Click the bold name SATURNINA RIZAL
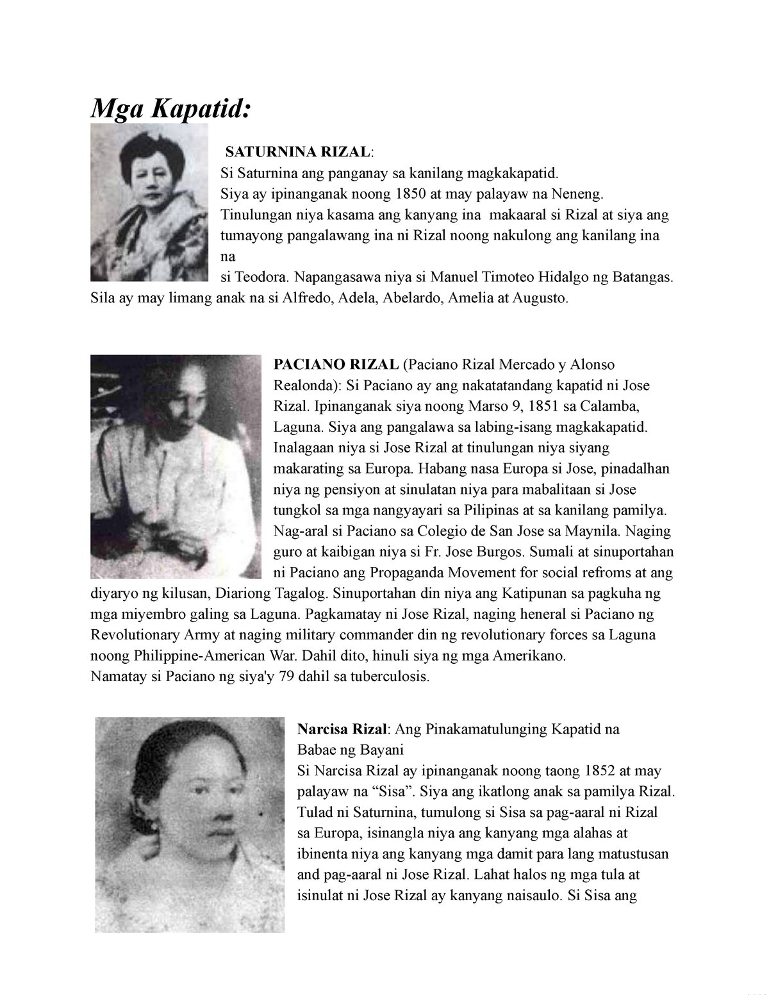click(x=297, y=152)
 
